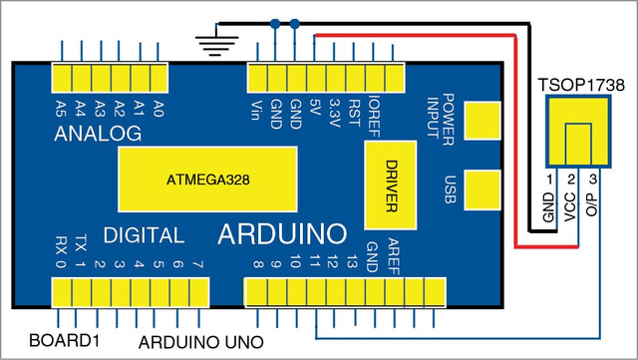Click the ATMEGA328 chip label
pos(208,180)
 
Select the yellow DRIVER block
pos(390,185)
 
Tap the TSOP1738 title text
pos(581,85)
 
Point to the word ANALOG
pos(98,134)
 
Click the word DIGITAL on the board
pos(144,235)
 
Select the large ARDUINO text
pos(282,234)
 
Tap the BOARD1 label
pos(64,340)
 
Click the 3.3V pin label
pos(335,113)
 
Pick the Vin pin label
pos(256,111)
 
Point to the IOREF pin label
pos(374,117)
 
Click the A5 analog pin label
pos(61,109)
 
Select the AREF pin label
pos(393,256)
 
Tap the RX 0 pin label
pos(61,251)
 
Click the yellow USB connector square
pos(482,190)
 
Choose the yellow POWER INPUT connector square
pos(482,121)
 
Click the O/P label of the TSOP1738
pos(591,204)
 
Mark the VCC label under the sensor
pos(570,206)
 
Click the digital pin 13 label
pos(352,261)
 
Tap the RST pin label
pos(354,114)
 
